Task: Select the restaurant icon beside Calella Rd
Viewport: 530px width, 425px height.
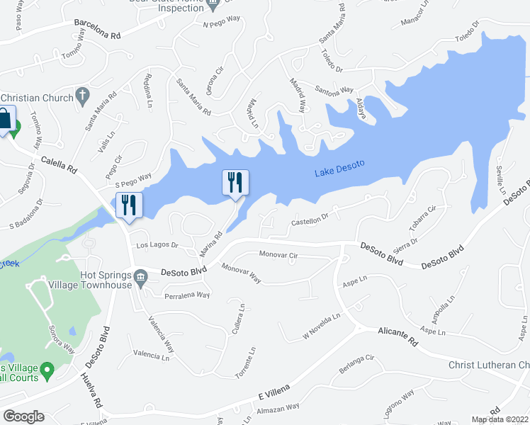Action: click(129, 205)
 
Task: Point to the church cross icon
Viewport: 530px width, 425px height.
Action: click(82, 94)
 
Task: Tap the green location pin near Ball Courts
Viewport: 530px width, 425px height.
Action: click(47, 370)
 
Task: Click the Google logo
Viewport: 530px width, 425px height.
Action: click(23, 416)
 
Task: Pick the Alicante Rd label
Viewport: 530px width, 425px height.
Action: click(397, 336)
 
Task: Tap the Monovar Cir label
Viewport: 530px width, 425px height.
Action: click(278, 254)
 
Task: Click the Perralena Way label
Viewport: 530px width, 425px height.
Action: click(187, 295)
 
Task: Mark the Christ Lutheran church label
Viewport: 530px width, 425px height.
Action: click(489, 365)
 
